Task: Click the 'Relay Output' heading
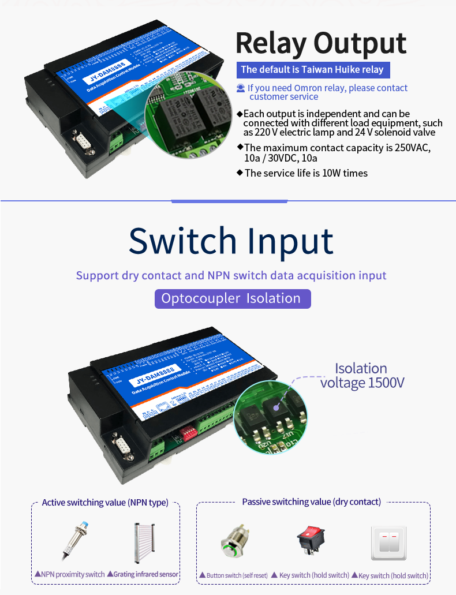pyautogui.click(x=321, y=44)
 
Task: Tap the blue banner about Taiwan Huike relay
pyautogui.click(x=312, y=70)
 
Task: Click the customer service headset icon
pyautogui.click(x=241, y=88)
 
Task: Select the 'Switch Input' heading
pyautogui.click(x=231, y=241)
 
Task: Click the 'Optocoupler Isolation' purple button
pyautogui.click(x=231, y=298)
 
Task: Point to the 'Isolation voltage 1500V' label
pyautogui.click(x=362, y=376)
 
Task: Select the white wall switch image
pyautogui.click(x=387, y=543)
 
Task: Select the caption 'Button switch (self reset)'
pyautogui.click(x=234, y=575)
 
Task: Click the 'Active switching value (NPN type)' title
pyautogui.click(x=105, y=503)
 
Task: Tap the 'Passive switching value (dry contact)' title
pyautogui.click(x=312, y=502)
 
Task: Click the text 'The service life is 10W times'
pyautogui.click(x=306, y=173)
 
